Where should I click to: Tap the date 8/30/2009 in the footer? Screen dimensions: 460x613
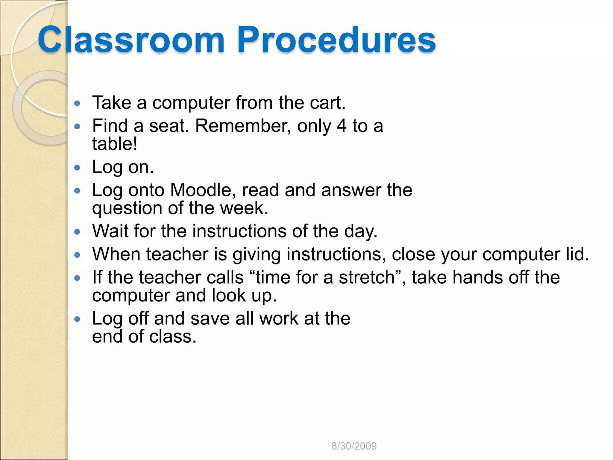354,446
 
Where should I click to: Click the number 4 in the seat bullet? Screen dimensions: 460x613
342,126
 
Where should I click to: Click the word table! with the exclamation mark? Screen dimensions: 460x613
115,144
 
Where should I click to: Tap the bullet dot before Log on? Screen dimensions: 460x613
77,167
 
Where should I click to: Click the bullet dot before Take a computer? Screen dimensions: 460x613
77,104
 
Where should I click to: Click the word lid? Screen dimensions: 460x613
577,254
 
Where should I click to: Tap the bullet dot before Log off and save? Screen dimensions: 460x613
77,319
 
